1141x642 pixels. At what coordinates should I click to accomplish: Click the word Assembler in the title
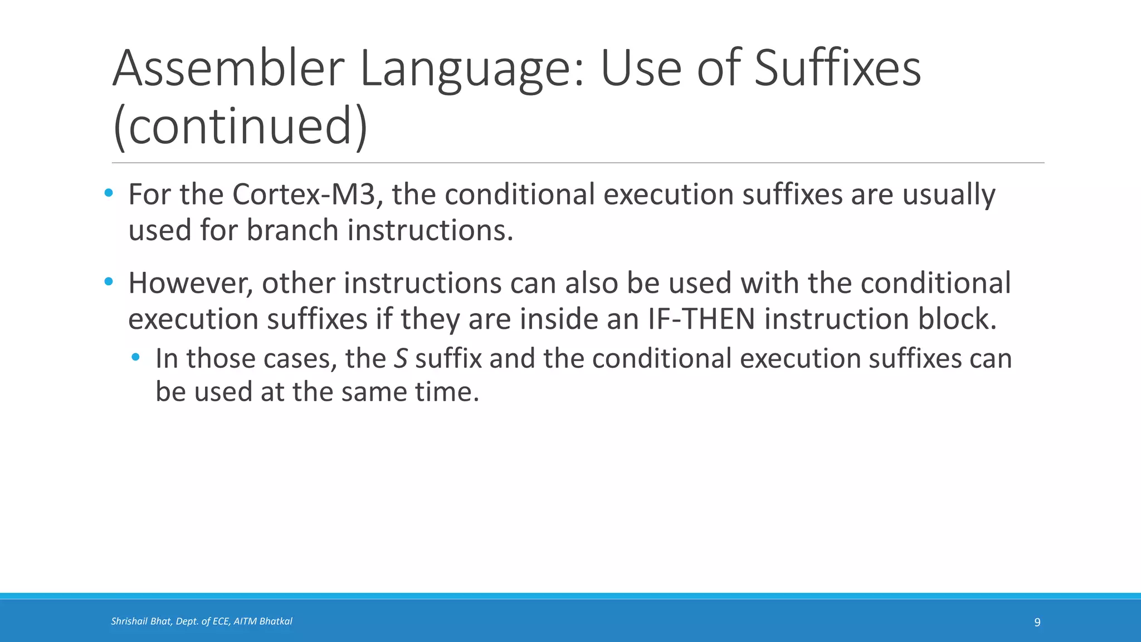(x=229, y=69)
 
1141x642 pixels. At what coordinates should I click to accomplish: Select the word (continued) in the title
(x=240, y=127)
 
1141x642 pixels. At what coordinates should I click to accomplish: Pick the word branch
(x=292, y=230)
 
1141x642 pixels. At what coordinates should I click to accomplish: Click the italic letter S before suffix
(x=400, y=358)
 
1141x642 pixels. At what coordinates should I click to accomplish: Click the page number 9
(x=1037, y=622)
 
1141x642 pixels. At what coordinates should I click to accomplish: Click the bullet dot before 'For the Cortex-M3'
(x=109, y=193)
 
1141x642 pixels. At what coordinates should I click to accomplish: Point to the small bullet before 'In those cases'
(x=135, y=357)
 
